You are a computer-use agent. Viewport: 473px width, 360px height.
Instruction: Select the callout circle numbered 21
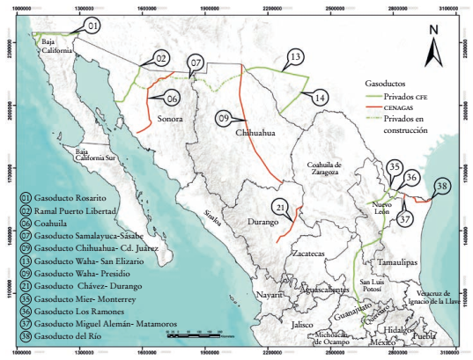(x=280, y=208)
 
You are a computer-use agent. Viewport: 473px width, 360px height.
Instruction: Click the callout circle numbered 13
(x=295, y=57)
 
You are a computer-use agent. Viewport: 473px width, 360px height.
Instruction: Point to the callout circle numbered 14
(x=321, y=96)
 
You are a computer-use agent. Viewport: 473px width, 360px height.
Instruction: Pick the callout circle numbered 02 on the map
(x=160, y=58)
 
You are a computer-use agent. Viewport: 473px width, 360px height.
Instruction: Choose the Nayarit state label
(x=267, y=296)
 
